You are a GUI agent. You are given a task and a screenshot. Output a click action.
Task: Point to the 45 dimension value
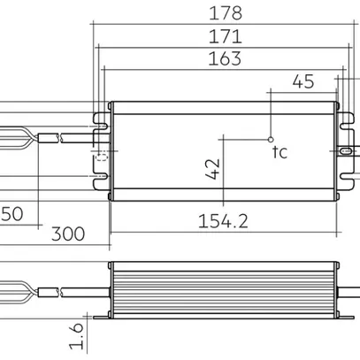pos(303,82)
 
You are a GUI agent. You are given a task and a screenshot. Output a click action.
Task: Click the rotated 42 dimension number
pos(212,168)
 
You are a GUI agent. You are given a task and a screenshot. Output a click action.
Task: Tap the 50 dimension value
pos(11,214)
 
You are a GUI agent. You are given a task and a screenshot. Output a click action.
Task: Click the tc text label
pos(280,152)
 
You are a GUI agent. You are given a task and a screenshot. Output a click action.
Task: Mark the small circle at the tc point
pos(270,139)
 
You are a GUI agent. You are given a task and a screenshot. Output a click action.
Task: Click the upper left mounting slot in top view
pos(99,113)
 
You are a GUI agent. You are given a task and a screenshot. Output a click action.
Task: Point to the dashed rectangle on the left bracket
pos(100,156)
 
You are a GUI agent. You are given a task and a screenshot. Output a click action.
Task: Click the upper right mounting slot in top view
pos(340,113)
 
